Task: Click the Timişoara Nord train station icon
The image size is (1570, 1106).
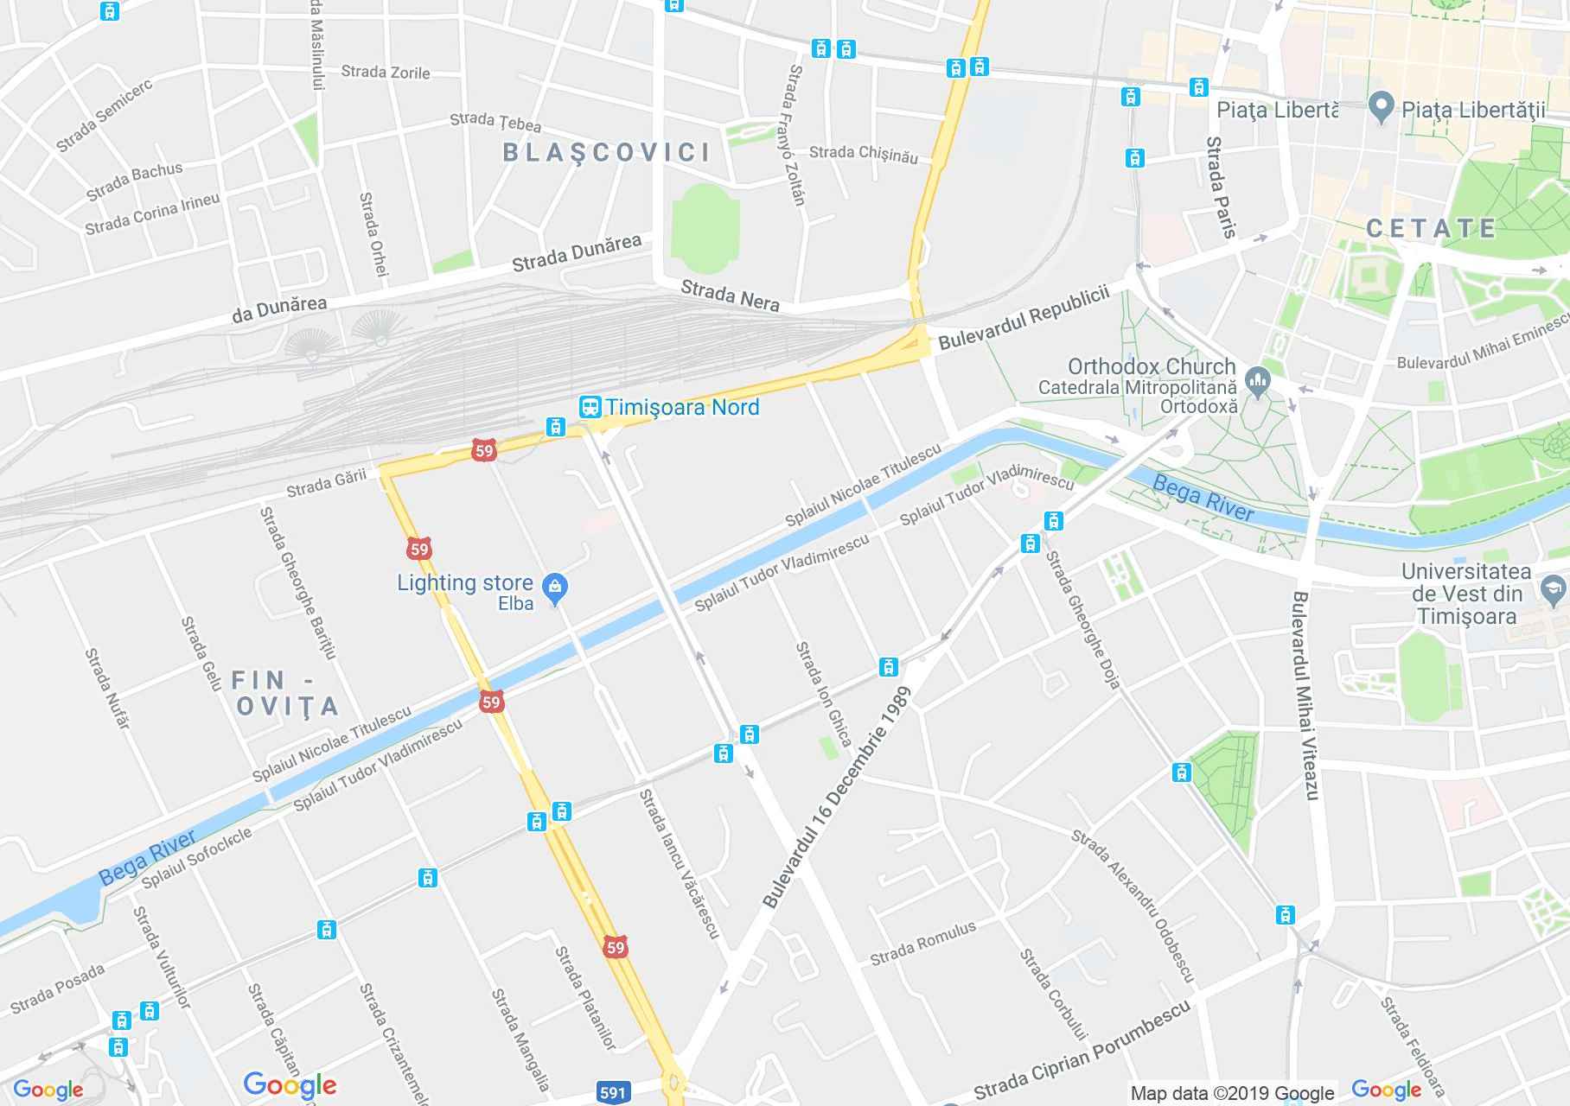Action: pos(590,407)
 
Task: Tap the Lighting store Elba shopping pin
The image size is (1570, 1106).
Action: pos(554,588)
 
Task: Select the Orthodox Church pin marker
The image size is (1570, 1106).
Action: pos(1258,378)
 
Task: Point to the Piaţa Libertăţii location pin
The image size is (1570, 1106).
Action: pos(1382,108)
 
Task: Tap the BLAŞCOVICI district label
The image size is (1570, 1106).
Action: pos(607,153)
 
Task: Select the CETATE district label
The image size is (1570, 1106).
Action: pos(1431,228)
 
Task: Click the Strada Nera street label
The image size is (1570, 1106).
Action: pos(731,295)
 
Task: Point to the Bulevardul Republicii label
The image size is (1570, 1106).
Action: pos(1024,317)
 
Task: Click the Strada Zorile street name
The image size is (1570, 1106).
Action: pos(386,72)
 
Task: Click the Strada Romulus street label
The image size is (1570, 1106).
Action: pos(922,943)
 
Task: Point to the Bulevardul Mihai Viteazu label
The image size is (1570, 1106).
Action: pos(1304,695)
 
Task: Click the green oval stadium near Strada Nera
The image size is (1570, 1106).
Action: pos(705,227)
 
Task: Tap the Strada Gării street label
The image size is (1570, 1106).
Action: pos(327,484)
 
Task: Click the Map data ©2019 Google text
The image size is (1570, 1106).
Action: pos(1232,1094)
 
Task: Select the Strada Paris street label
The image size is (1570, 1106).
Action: pos(1222,187)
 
